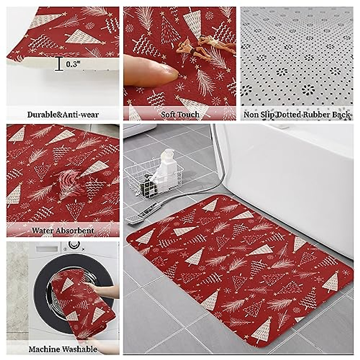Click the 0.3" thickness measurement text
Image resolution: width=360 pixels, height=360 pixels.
73,64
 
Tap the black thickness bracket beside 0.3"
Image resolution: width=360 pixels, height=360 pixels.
59,64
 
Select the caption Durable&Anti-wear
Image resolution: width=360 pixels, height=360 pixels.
63,115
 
